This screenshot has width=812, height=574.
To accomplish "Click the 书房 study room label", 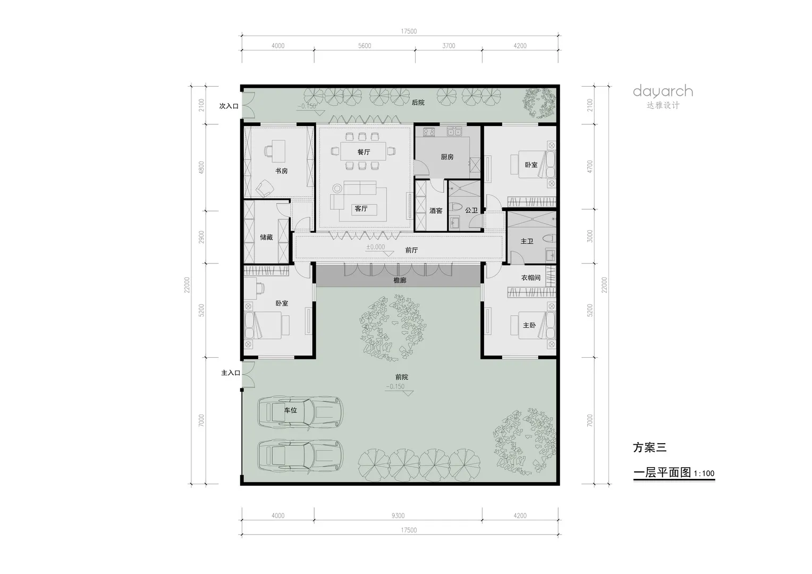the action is click(x=281, y=171).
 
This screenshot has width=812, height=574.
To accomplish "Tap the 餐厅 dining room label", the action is click(x=363, y=152).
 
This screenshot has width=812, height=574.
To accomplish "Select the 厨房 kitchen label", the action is click(x=447, y=157).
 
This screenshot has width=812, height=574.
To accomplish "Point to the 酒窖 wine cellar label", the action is click(x=436, y=210).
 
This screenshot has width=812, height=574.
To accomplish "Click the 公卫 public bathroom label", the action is click(x=471, y=210).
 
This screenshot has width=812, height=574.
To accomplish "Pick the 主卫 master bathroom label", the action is click(x=527, y=241).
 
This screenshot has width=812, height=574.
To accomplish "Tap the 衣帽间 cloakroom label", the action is click(x=531, y=278).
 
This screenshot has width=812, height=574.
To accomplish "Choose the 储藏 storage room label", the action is click(x=266, y=238).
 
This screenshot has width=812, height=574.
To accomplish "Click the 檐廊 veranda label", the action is click(x=400, y=280).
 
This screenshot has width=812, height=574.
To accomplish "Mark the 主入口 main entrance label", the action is click(x=231, y=373).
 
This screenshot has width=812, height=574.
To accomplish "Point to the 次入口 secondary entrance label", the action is click(x=229, y=106).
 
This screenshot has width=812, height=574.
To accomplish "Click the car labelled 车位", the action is click(x=300, y=412).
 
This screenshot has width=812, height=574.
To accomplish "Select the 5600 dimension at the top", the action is click(x=365, y=46).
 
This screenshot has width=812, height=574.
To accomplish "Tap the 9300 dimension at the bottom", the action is click(x=398, y=516).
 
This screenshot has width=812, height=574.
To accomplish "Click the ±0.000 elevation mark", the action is click(x=375, y=247).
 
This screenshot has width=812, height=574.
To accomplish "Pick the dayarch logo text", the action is click(x=663, y=91).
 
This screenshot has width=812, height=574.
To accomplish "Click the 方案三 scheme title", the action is click(x=649, y=448).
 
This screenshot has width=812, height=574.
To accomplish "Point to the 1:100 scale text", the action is click(x=704, y=473).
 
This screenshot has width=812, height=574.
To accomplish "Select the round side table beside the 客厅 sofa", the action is click(x=337, y=189).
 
